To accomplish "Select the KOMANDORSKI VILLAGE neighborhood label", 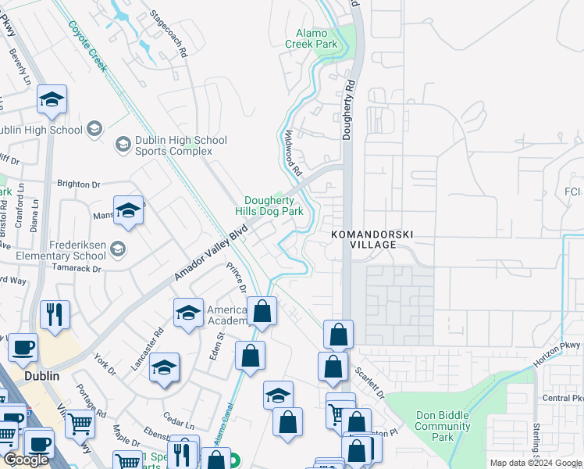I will [x=370, y=239].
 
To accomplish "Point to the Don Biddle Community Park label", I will [x=443, y=427].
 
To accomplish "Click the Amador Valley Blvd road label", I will [x=210, y=252].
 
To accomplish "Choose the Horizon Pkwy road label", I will [x=558, y=356].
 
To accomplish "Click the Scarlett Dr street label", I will [x=370, y=381].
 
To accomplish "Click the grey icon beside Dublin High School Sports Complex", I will [x=123, y=145].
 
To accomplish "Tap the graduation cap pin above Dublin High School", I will [x=52, y=99].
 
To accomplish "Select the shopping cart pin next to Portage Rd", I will [x=80, y=424].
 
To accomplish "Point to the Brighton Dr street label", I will [x=79, y=184].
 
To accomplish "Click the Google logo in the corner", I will [x=27, y=460].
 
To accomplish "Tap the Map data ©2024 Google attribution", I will [x=535, y=463].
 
